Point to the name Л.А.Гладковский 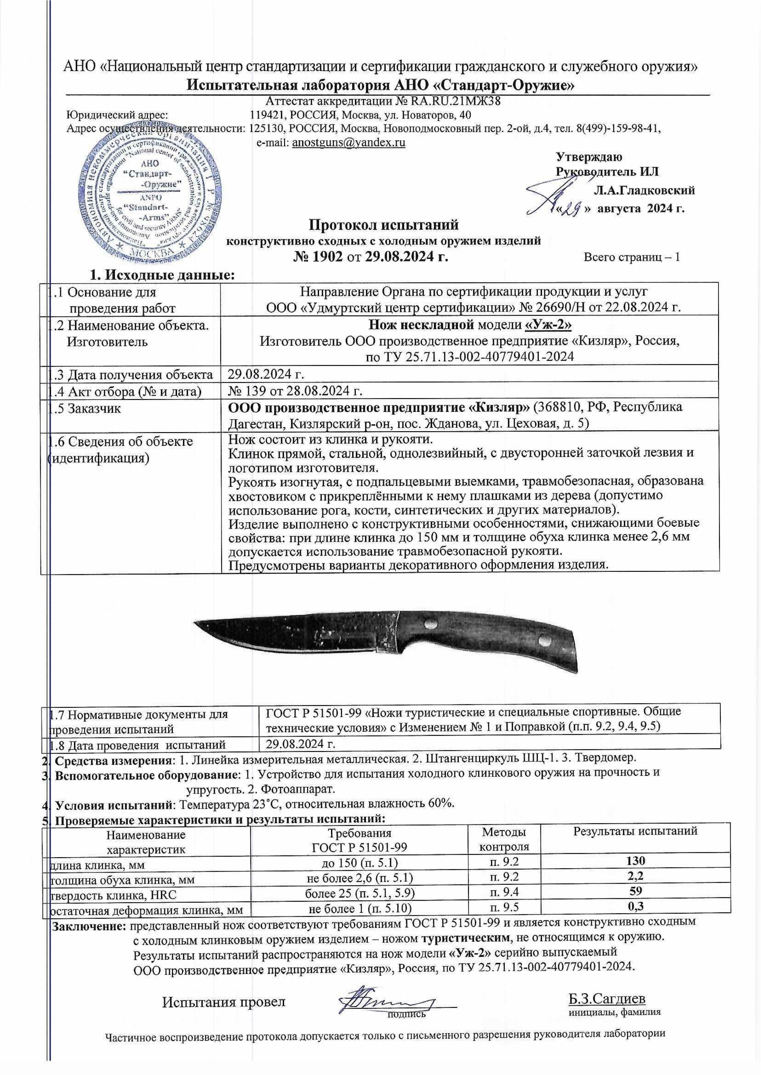pyautogui.click(x=644, y=190)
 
